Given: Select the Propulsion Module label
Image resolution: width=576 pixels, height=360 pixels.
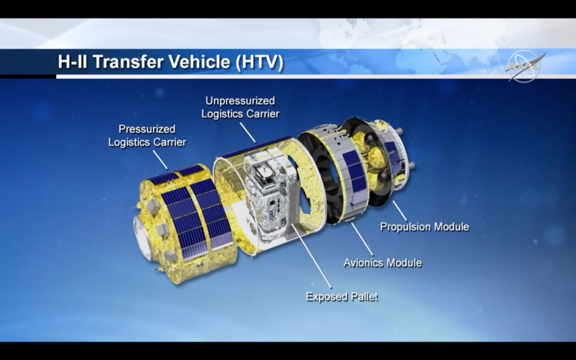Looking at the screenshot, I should pyautogui.click(x=424, y=227).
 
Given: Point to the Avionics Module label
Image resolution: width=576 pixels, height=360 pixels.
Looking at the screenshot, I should pyautogui.click(x=382, y=263).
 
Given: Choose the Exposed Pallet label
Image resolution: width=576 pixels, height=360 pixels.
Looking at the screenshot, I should pyautogui.click(x=342, y=296).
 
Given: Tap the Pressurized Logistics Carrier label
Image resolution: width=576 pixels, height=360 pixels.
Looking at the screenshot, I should pyautogui.click(x=147, y=136).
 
